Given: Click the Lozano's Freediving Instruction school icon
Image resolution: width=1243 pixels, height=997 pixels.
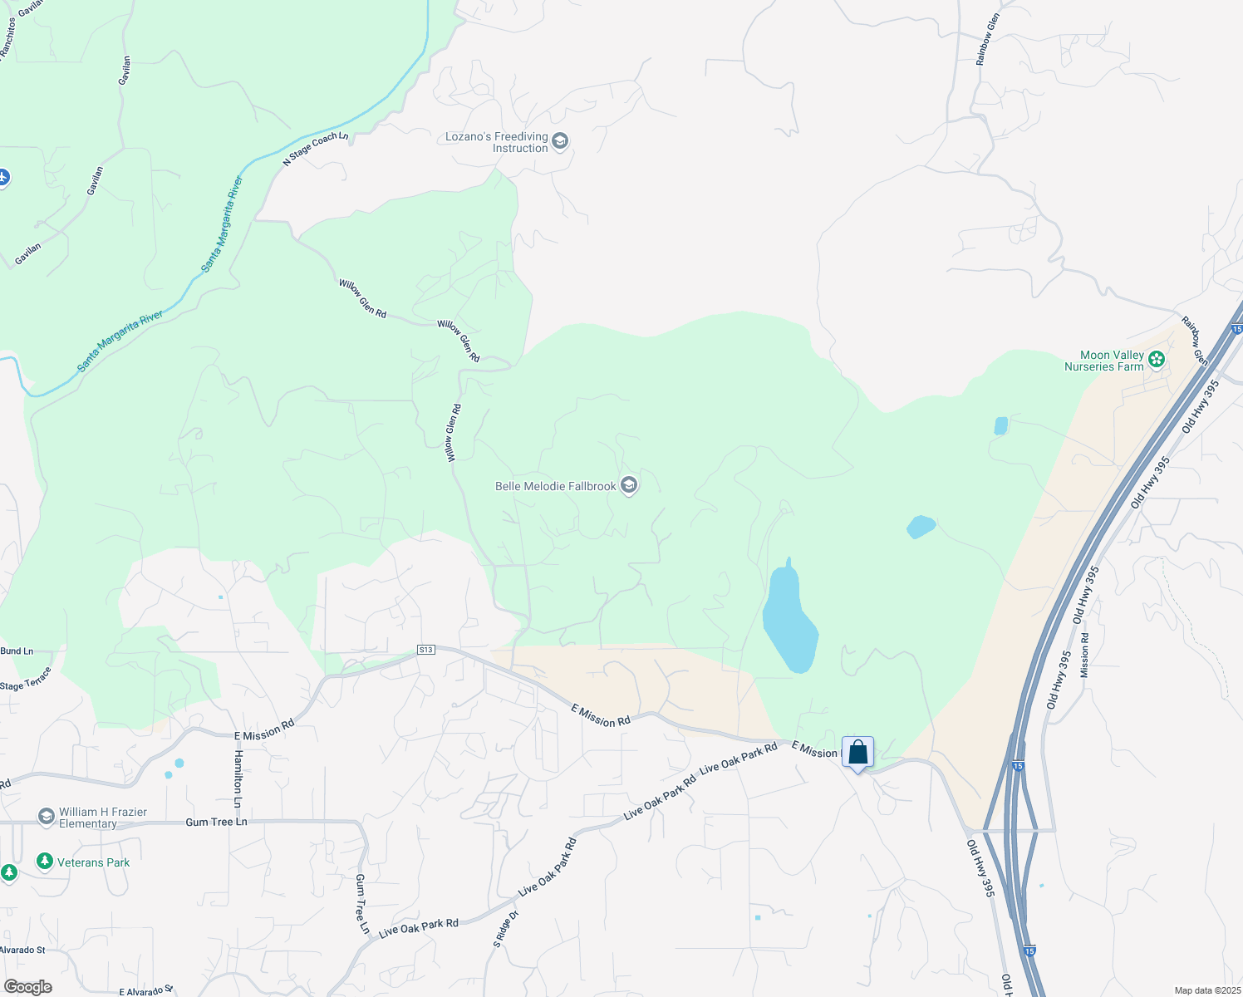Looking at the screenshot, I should point(560,141).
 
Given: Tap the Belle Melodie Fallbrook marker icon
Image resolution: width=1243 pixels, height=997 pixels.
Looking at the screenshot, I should point(629,485).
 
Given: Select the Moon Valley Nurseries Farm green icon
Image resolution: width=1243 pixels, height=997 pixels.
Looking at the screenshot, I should point(1156,360).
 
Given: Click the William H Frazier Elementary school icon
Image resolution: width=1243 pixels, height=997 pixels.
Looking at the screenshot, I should point(47,817).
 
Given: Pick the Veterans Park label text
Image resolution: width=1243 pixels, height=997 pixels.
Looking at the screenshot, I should point(93,862).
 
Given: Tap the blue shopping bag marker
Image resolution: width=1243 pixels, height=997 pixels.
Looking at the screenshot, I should point(857,753).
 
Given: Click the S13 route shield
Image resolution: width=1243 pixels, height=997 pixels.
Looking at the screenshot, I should point(425,650).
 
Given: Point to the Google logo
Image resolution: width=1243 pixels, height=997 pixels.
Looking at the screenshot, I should point(27,987).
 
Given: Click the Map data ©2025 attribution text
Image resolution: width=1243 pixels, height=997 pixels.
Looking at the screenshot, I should point(1206,990).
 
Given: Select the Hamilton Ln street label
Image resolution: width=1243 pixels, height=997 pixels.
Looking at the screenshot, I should point(238,779).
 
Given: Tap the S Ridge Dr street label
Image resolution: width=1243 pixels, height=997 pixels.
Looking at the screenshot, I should point(505,929).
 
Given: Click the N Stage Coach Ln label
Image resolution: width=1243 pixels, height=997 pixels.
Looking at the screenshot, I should point(316,148).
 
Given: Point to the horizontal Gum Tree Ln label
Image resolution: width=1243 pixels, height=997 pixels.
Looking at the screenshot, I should point(216,822).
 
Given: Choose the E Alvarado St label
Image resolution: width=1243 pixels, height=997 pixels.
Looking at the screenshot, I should point(145,991).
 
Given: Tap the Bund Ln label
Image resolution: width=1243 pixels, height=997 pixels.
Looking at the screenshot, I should point(17,651).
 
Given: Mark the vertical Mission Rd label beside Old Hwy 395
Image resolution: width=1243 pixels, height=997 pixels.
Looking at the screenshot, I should point(1084,656).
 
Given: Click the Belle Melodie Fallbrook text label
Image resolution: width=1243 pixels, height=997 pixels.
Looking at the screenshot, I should point(555,486).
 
